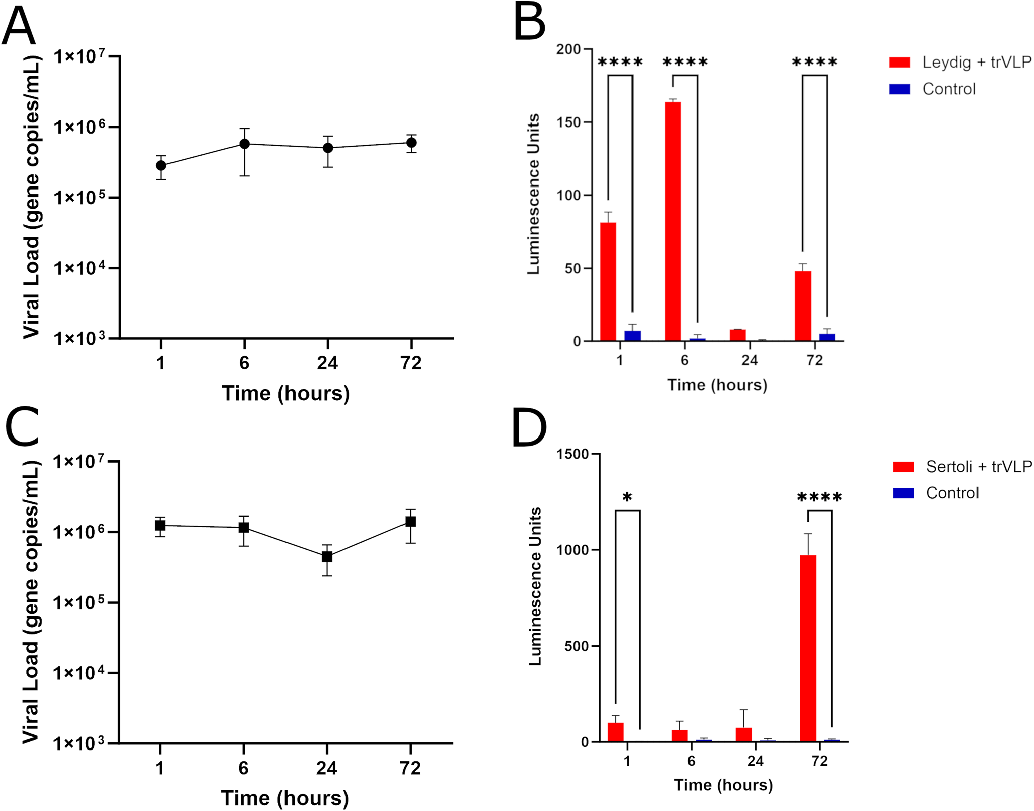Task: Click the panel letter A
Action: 19,28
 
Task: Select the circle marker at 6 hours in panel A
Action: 244,144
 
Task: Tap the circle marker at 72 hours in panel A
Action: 411,143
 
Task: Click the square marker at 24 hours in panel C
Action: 327,556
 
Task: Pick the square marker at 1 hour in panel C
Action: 160,525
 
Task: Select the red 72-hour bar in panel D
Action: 808,648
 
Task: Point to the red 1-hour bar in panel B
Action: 608,282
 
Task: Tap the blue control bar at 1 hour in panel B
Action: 633,336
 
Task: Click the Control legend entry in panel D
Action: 952,493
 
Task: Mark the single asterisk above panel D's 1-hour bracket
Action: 627,498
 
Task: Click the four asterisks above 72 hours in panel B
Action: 815,63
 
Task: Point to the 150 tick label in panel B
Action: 568,122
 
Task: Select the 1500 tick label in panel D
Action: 573,454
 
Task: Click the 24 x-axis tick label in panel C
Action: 327,768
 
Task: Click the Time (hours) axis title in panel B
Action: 717,385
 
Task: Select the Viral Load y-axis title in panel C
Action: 31,602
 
